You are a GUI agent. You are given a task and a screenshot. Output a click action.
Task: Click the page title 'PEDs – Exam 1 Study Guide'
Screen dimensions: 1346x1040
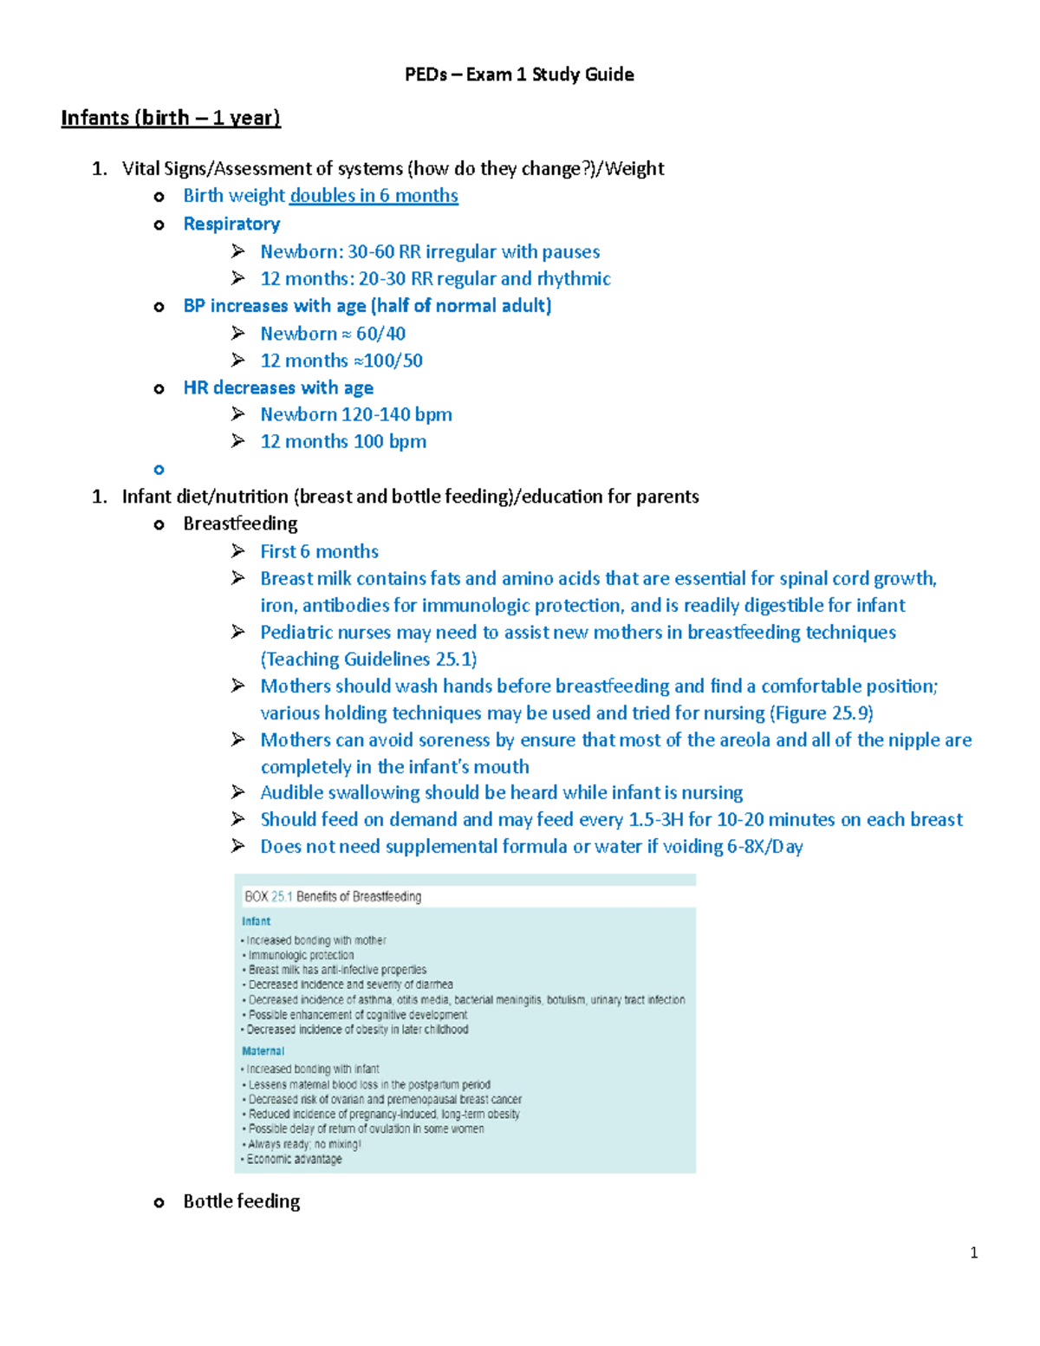[x=519, y=75]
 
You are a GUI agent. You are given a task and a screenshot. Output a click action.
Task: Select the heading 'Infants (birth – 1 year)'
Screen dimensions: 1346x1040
[x=171, y=118]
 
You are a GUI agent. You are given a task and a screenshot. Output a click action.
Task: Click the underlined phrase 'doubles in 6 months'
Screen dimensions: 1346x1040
[x=374, y=196]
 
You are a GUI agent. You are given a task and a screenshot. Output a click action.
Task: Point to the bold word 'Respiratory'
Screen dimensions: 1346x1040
[x=231, y=224]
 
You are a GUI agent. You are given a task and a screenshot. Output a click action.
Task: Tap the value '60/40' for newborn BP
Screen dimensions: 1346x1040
[x=380, y=334]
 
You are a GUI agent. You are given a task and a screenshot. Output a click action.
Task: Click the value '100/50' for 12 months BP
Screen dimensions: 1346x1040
[x=393, y=361]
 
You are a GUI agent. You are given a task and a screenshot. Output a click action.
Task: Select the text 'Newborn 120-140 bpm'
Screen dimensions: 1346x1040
[x=356, y=414]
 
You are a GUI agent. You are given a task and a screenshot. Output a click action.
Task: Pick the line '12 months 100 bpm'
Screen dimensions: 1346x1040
[x=343, y=441]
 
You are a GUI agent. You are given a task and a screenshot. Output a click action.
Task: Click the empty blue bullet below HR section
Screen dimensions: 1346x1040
[x=159, y=470]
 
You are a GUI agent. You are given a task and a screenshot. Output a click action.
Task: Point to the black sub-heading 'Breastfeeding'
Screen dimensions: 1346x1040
[x=240, y=523]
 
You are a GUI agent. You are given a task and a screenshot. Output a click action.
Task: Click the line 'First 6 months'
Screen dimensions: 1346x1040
[x=319, y=551]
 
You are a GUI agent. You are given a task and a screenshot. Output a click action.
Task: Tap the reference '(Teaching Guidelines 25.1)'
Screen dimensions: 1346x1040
[x=368, y=659]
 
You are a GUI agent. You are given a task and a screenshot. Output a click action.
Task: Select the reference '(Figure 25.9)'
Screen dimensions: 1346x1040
[x=822, y=712]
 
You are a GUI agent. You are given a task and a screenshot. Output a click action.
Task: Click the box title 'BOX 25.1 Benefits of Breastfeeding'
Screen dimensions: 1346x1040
[x=333, y=896]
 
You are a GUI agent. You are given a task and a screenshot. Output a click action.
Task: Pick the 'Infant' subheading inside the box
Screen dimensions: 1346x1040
[x=256, y=921]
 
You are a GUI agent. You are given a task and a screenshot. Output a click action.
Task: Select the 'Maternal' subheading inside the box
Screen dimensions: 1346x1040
[x=263, y=1050]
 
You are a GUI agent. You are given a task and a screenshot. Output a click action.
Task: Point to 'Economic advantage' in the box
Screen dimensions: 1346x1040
[x=294, y=1159]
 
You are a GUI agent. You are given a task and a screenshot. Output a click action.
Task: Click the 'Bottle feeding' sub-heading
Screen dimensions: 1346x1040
[x=242, y=1201]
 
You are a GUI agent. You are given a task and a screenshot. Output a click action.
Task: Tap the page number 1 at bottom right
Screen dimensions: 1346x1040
[x=974, y=1252]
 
